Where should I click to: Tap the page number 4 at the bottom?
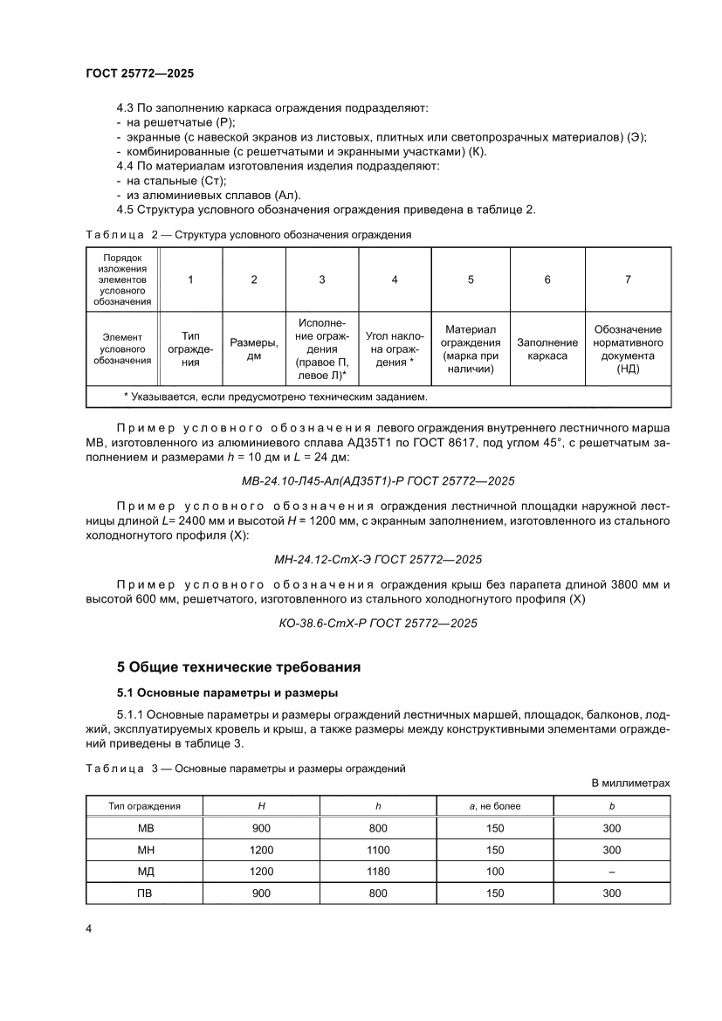coord(88,928)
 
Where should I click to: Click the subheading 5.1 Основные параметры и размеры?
coord(228,694)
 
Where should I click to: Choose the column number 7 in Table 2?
coord(627,279)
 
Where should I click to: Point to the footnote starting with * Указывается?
coord(276,397)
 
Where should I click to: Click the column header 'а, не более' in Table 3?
coord(494,805)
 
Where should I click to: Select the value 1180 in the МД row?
coord(377,871)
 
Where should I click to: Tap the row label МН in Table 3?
coord(146,849)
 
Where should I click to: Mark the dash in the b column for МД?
coord(611,871)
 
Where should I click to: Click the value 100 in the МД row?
coord(494,871)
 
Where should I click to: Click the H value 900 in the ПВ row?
coord(260,893)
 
